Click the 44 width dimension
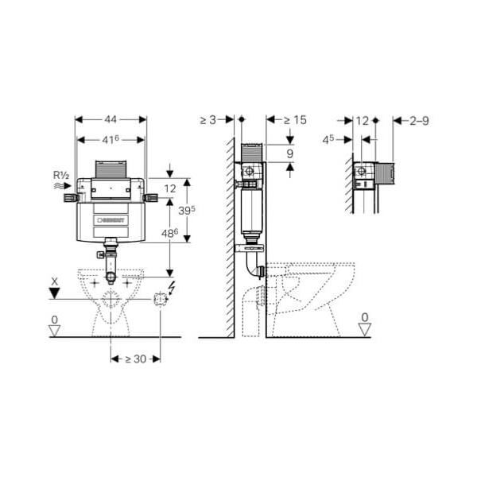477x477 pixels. point(111,119)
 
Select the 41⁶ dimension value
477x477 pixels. point(111,140)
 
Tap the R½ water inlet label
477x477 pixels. point(61,175)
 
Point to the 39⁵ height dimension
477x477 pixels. point(187,210)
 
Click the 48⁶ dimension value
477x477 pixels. point(169,233)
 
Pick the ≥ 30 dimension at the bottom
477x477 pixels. point(136,359)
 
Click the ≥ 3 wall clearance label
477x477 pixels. point(208,120)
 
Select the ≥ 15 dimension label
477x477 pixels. point(295,120)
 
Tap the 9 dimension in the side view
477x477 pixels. point(290,154)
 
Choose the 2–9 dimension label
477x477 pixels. point(419,121)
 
